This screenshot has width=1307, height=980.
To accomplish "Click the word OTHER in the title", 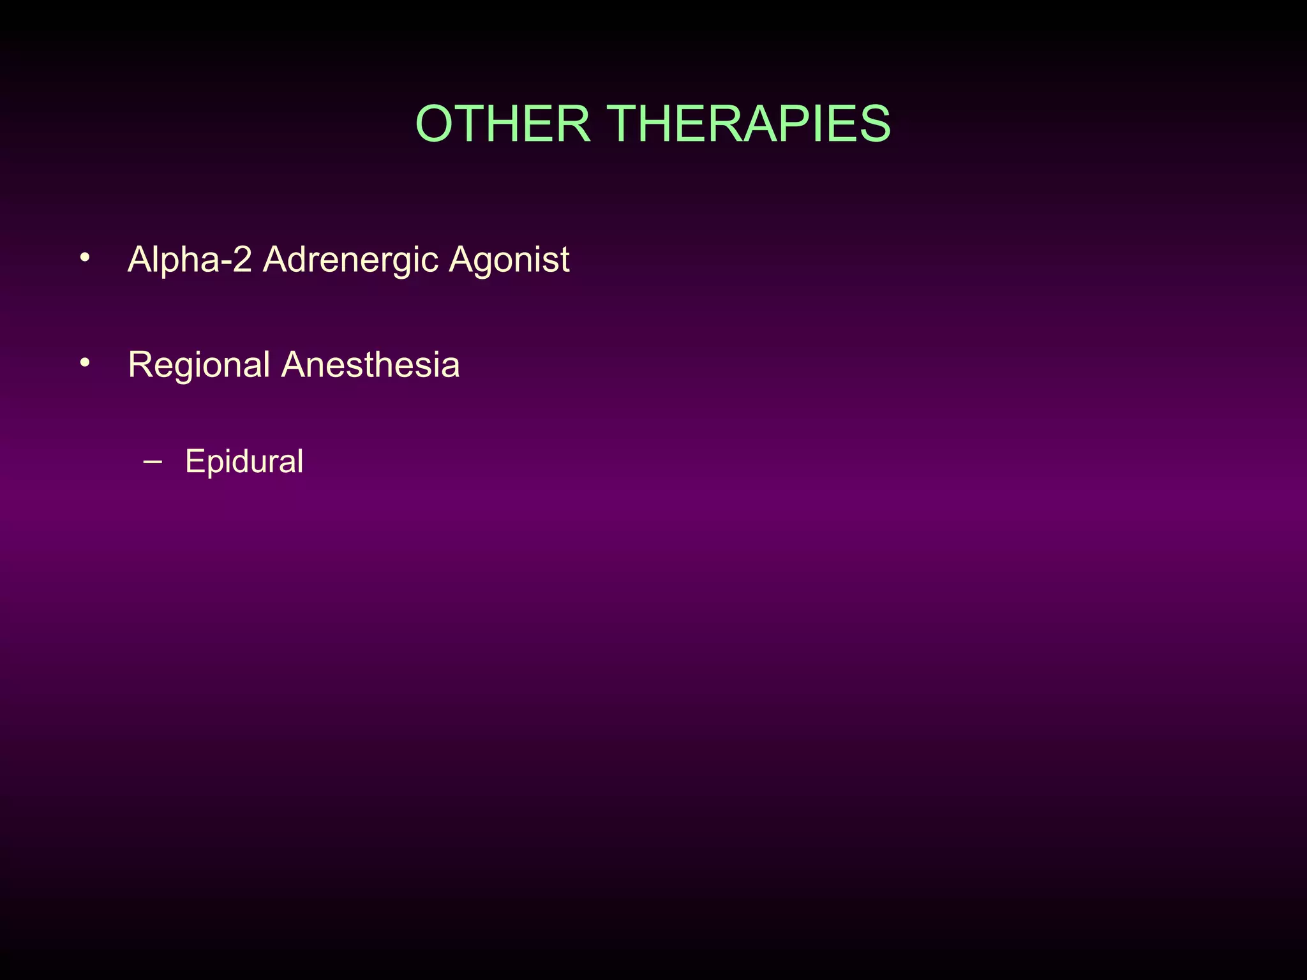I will click(503, 124).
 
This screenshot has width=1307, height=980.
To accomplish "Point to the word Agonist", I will click(509, 260).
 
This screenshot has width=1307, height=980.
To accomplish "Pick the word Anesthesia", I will click(370, 365).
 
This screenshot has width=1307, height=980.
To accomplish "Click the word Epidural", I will click(244, 462).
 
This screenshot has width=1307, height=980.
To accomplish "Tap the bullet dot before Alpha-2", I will click(85, 258).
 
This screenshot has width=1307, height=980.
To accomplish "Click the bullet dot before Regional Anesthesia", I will click(85, 363).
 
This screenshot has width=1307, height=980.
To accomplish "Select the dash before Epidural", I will click(153, 461).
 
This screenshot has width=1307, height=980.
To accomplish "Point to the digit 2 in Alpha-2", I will click(242, 260).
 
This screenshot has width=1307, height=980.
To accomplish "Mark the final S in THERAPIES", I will click(874, 124).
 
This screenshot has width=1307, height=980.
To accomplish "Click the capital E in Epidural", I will click(194, 461).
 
